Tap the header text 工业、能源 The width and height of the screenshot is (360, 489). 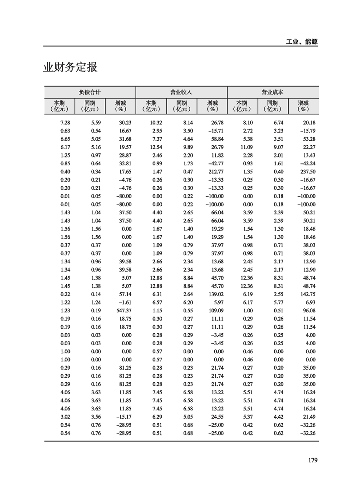point(302,42)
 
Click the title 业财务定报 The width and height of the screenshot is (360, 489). point(70,68)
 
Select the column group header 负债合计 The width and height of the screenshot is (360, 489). point(89,92)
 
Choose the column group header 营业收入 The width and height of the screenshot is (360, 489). point(181,92)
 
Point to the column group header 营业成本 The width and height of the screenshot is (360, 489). point(272,92)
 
